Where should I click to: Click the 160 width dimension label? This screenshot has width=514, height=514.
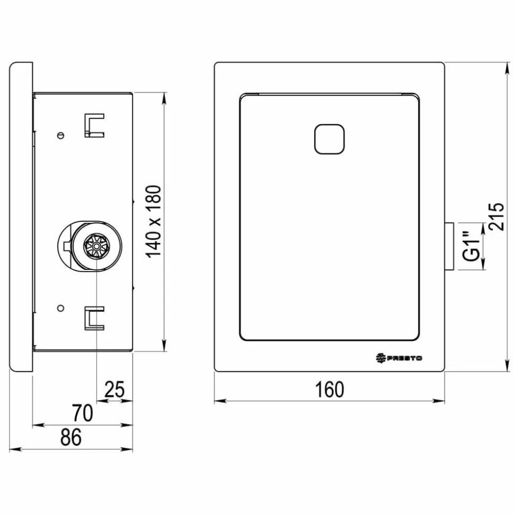click(x=330, y=390)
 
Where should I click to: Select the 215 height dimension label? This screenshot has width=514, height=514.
click(x=496, y=217)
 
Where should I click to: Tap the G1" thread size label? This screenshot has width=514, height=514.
click(x=471, y=246)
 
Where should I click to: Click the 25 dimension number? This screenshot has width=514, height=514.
click(x=114, y=390)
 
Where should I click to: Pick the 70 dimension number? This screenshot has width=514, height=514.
click(x=82, y=413)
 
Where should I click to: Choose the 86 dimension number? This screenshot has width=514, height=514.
click(x=71, y=437)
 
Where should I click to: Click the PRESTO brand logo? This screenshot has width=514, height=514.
click(x=399, y=358)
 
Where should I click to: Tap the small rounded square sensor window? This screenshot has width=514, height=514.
click(x=329, y=139)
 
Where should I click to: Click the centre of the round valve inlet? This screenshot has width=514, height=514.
click(x=97, y=246)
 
